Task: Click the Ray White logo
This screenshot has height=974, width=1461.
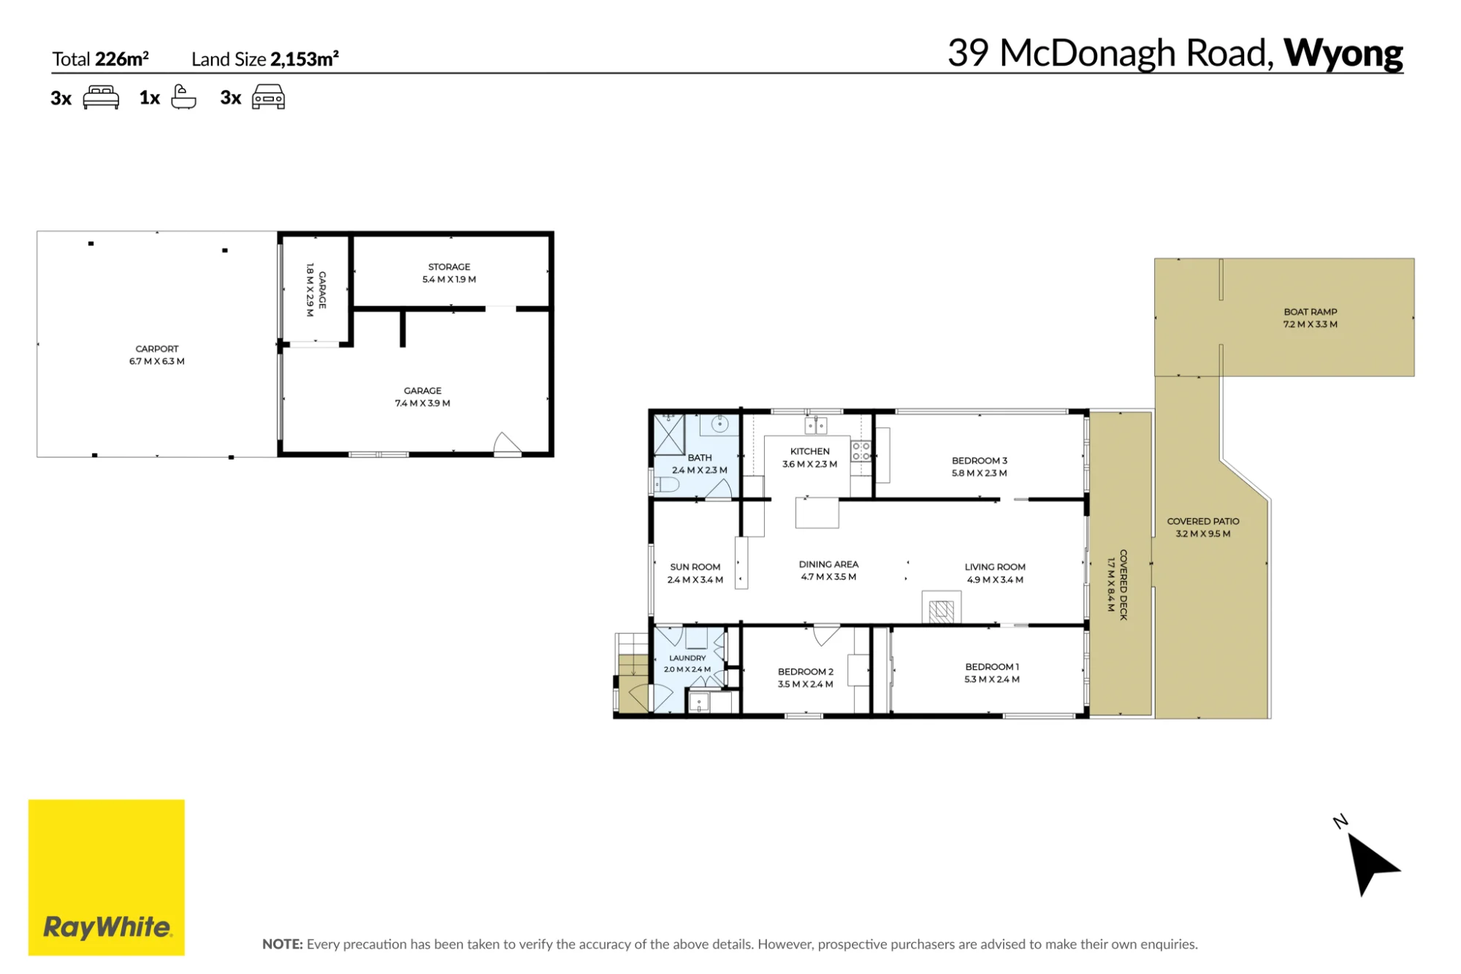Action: click(x=107, y=877)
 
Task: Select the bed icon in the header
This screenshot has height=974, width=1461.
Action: click(x=101, y=97)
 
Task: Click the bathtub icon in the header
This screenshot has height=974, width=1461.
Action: click(x=183, y=96)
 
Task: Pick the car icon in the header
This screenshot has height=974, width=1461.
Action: click(x=268, y=96)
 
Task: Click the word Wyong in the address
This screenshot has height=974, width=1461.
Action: click(x=1343, y=53)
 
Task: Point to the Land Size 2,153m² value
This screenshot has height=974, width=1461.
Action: click(x=305, y=58)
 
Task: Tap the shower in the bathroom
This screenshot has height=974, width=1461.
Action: click(x=668, y=434)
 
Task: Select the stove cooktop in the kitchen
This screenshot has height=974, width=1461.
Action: click(x=861, y=451)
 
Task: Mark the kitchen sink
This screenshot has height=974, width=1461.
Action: click(x=816, y=425)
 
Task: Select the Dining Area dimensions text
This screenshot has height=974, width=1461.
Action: click(x=828, y=577)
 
